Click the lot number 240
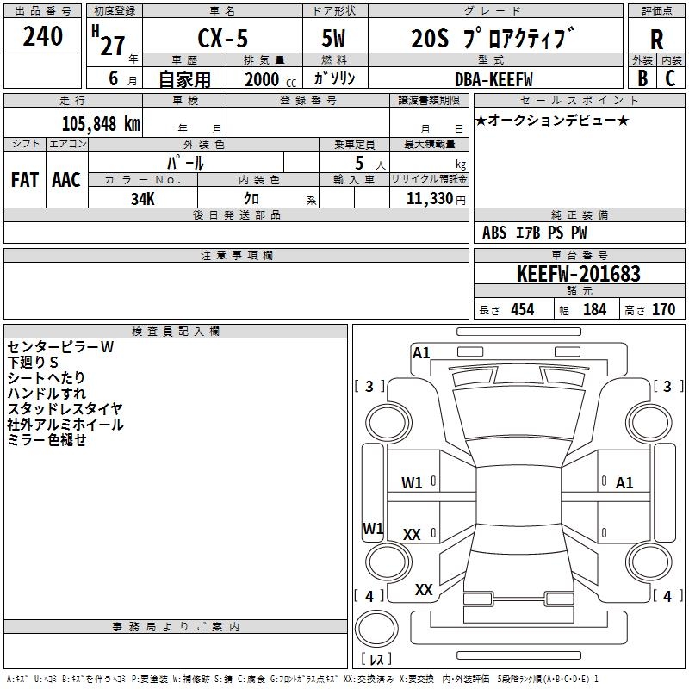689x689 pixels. [x=42, y=36]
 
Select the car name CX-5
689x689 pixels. [x=223, y=38]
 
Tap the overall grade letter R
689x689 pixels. [x=656, y=40]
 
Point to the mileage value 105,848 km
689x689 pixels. [x=101, y=124]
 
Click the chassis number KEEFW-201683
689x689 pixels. [x=579, y=273]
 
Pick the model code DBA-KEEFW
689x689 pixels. [x=493, y=79]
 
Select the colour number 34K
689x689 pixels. [x=143, y=199]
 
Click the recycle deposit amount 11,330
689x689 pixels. [x=429, y=198]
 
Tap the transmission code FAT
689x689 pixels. [x=25, y=180]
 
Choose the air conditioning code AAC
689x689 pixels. [x=66, y=180]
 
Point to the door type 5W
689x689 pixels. [x=333, y=38]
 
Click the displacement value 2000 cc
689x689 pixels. [x=270, y=80]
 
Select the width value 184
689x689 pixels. [x=594, y=309]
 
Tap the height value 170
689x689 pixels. [x=663, y=309]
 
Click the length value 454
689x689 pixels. [x=523, y=309]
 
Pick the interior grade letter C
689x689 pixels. [x=670, y=78]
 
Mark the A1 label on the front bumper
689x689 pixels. [x=421, y=353]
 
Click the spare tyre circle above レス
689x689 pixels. [x=376, y=629]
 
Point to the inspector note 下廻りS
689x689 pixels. [x=33, y=362]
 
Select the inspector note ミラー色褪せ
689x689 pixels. [x=47, y=439]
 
